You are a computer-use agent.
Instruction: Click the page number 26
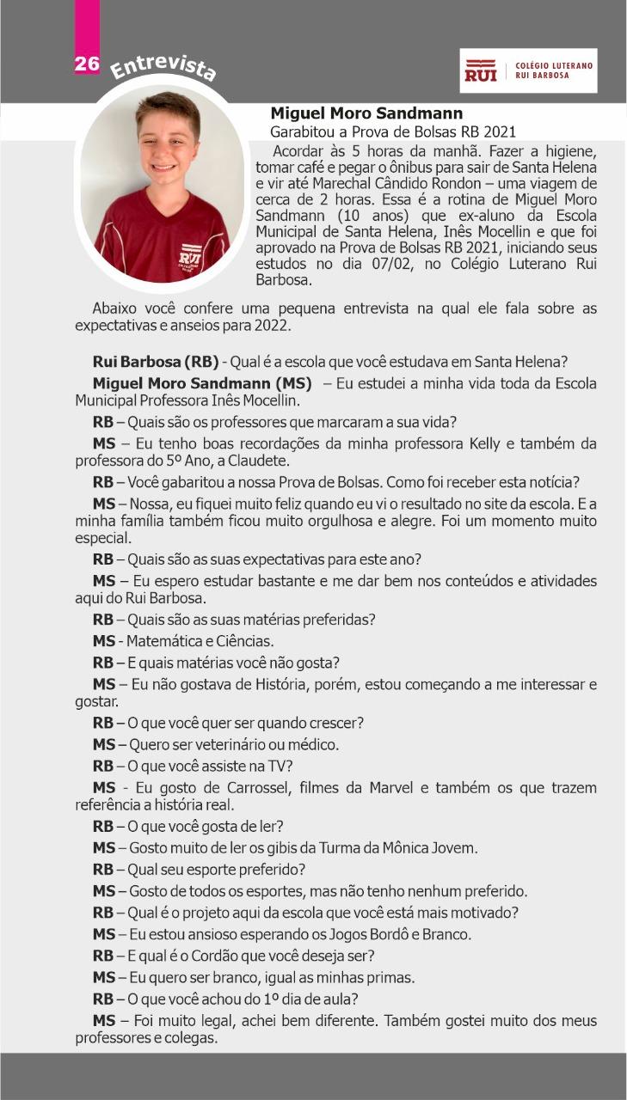[87, 64]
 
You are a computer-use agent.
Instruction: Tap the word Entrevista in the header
[163, 67]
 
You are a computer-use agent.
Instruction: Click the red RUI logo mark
[481, 70]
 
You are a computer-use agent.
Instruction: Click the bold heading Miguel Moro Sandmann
[366, 113]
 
